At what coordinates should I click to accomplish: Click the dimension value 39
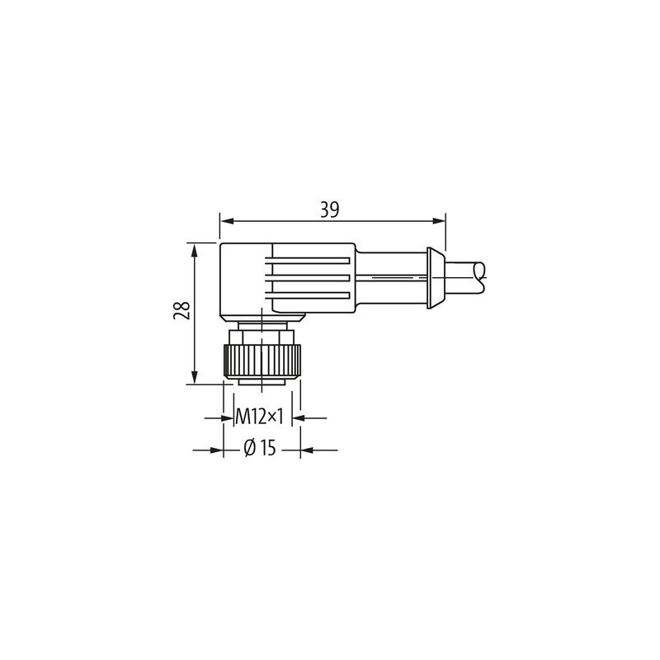tap(330, 210)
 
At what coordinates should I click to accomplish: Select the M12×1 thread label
tap(260, 417)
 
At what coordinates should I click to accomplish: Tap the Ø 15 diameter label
tap(260, 449)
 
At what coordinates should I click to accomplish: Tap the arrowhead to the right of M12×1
tap(302, 418)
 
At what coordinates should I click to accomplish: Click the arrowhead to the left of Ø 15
tap(219, 450)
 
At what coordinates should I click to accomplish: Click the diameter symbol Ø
tap(249, 449)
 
